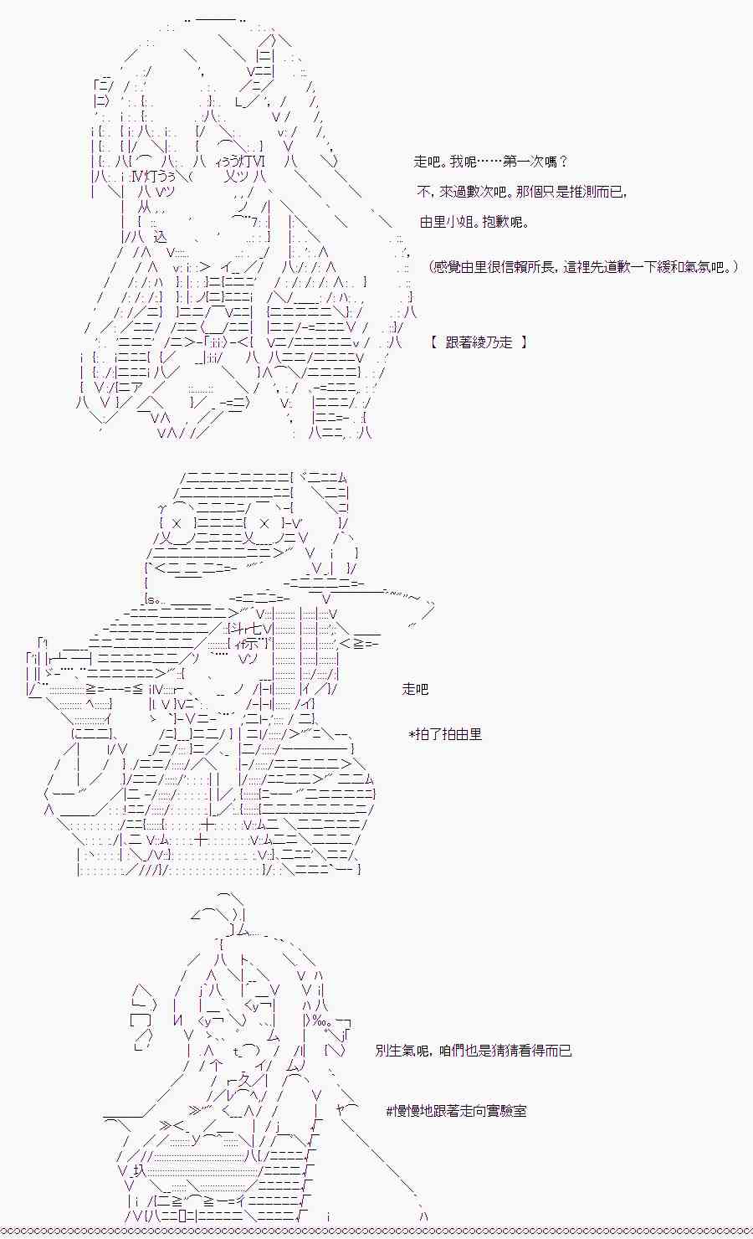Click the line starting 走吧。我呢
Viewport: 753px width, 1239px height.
pos(490,162)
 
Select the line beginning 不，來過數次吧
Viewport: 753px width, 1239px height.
pos(520,192)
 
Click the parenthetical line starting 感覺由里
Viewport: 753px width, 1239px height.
pos(583,267)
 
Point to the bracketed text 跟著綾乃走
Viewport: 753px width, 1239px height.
pos(479,342)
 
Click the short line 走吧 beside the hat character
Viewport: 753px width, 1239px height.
pos(415,689)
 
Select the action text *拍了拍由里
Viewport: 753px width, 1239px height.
pos(445,734)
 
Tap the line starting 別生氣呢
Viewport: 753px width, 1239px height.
pos(474,1050)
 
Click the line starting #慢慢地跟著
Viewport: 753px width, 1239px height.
pos(456,1111)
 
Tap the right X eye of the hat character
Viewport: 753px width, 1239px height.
pos(264,523)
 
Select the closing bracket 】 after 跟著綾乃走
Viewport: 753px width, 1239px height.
pos(525,342)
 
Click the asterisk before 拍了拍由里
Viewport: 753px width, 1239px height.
pos(412,734)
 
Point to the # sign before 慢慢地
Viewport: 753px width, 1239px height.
pos(390,1111)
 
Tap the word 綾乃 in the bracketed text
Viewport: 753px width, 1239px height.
pos(486,342)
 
